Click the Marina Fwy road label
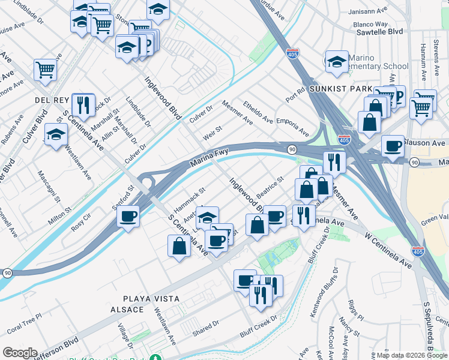210,158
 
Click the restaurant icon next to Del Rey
83,104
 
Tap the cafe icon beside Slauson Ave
393,146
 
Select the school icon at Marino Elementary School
337,61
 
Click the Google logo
20,353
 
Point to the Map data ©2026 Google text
411,355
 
